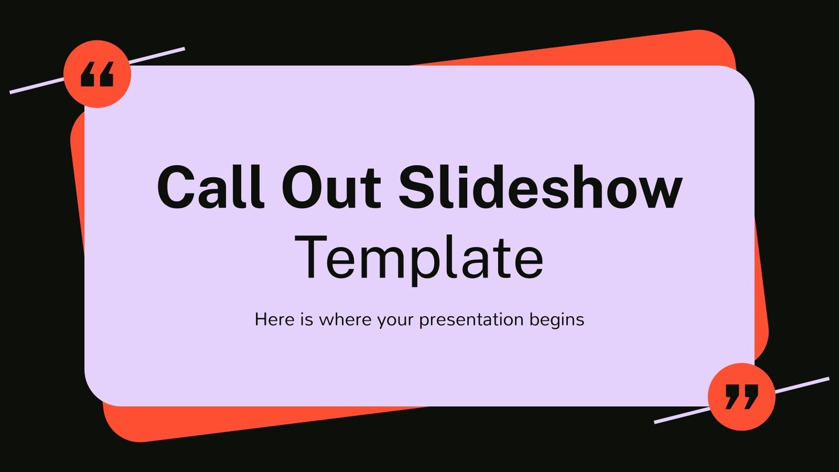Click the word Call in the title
click(x=210, y=187)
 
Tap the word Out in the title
click(x=330, y=187)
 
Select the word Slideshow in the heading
click(x=540, y=187)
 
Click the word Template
click(x=419, y=257)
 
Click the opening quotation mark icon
click(x=97, y=74)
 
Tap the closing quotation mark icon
click(x=741, y=396)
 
